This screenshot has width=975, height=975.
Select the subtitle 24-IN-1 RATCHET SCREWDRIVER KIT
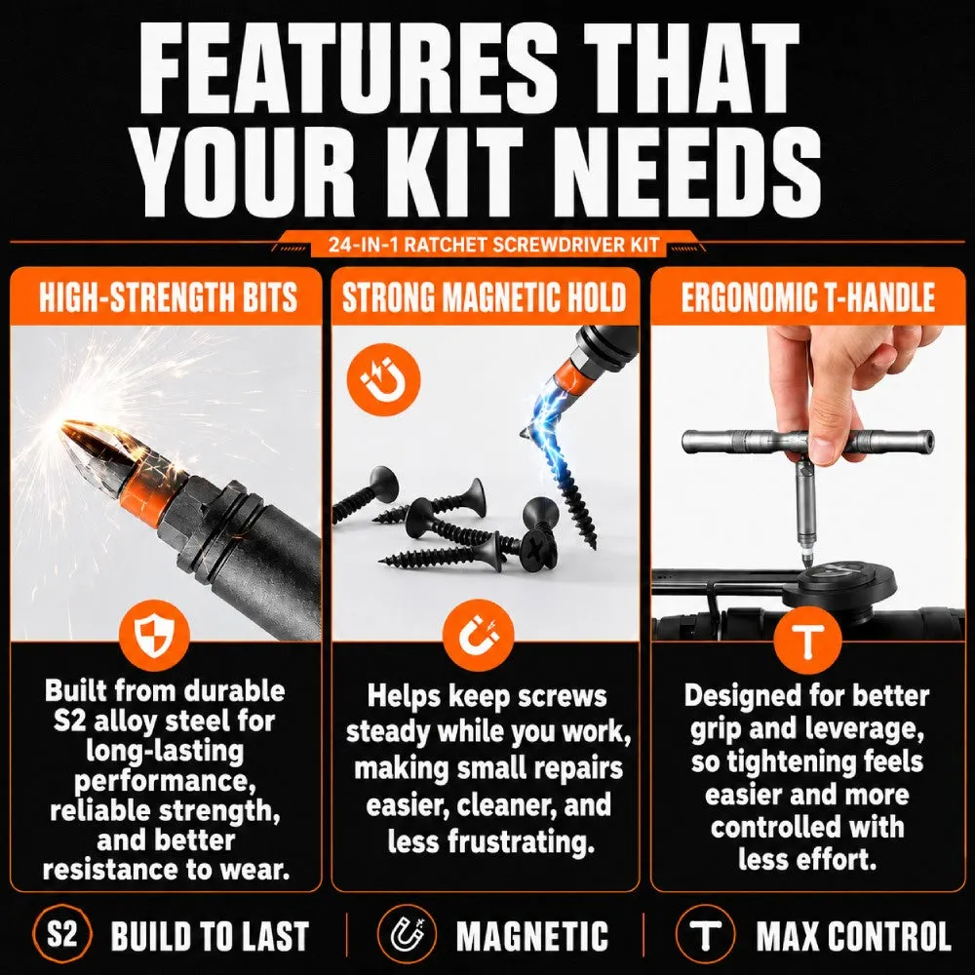pyautogui.click(x=493, y=245)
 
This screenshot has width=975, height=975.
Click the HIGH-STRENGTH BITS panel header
pyautogui.click(x=167, y=296)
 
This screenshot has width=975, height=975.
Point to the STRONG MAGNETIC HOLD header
pyautogui.click(x=485, y=296)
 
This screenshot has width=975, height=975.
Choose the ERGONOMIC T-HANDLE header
pyautogui.click(x=807, y=296)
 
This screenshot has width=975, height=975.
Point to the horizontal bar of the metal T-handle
pyautogui.click(x=807, y=442)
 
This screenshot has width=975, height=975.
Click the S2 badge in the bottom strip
pyautogui.click(x=62, y=935)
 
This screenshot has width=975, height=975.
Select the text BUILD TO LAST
pyautogui.click(x=210, y=936)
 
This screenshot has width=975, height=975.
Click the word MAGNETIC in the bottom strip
pyautogui.click(x=532, y=936)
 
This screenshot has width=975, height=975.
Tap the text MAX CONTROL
pyautogui.click(x=854, y=936)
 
